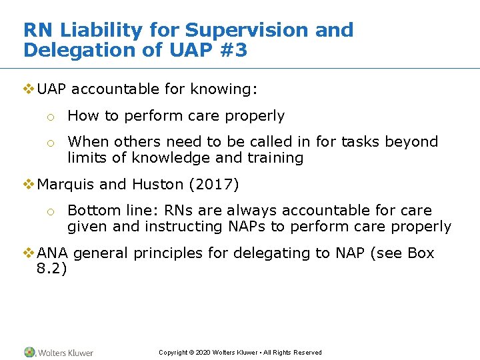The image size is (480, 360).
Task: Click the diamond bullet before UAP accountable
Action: pos(29,89)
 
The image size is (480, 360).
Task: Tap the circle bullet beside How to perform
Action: pos(49,117)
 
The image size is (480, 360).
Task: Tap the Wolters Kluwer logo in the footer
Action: pos(59,352)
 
